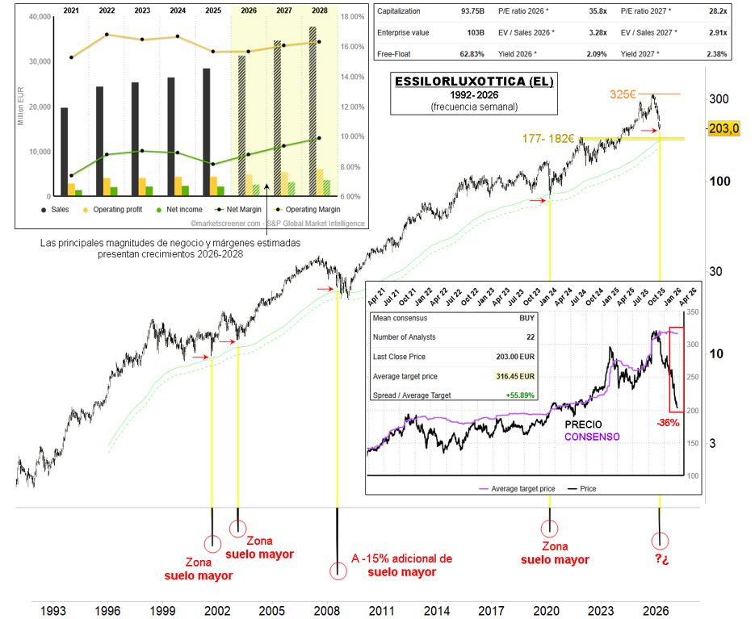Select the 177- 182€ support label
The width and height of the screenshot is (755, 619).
pyautogui.click(x=547, y=139)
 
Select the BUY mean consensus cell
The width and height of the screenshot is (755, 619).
pyautogui.click(x=526, y=318)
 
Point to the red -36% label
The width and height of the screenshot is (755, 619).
pyautogui.click(x=667, y=423)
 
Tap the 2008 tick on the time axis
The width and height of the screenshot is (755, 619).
pyautogui.click(x=326, y=611)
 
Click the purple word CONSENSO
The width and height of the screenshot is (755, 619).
pyautogui.click(x=592, y=437)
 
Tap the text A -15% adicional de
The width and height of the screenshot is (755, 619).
pyautogui.click(x=402, y=558)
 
